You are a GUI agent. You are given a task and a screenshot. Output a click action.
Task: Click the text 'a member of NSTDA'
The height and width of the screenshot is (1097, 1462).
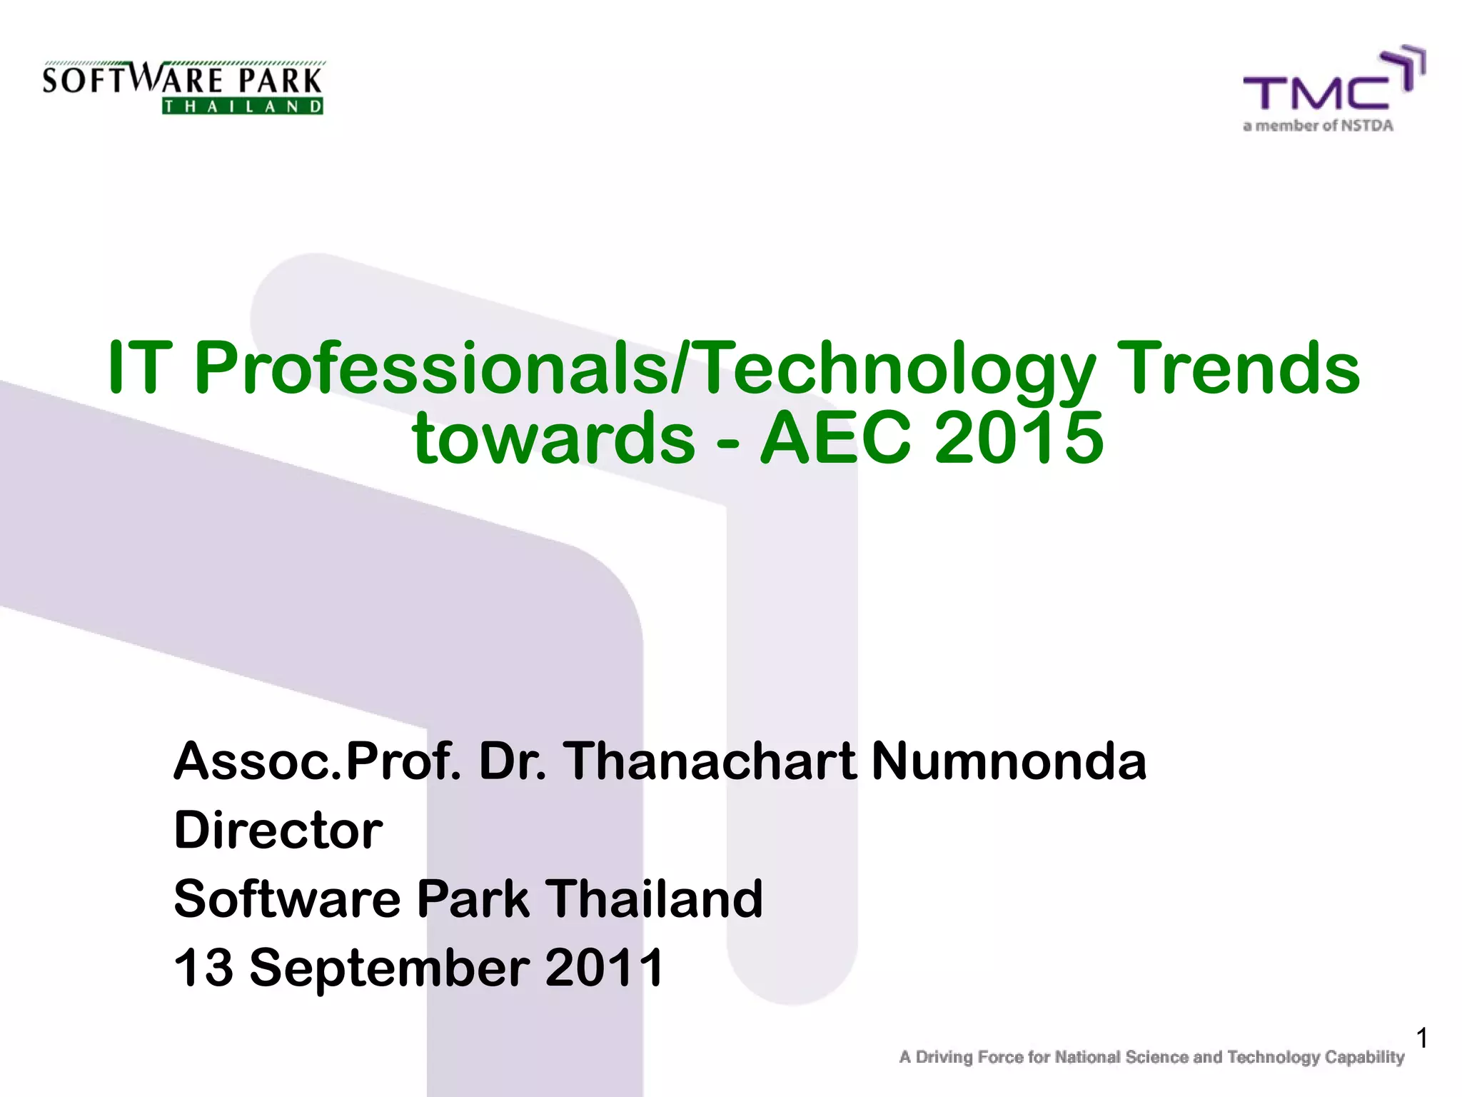[x=1318, y=126]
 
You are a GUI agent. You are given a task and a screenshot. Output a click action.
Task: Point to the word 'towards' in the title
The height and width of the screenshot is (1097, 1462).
[x=553, y=437]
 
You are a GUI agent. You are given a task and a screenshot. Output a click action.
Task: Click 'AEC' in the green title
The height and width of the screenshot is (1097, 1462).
[x=835, y=437]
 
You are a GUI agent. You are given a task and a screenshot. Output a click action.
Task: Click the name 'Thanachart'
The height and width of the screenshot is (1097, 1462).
[x=710, y=761]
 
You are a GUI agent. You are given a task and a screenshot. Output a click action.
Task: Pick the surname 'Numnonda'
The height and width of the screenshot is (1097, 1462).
[x=1009, y=761]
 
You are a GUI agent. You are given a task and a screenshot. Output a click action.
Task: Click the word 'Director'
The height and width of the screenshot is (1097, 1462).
[x=278, y=830]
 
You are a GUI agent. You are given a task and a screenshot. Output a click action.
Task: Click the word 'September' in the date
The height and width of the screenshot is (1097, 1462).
[x=390, y=968]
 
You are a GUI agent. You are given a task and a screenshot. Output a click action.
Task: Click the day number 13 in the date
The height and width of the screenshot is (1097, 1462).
[x=203, y=967]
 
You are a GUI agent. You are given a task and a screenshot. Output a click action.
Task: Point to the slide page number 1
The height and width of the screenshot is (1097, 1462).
[x=1421, y=1038]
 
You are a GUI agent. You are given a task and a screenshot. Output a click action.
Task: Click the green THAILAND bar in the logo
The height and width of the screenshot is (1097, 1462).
[x=243, y=106]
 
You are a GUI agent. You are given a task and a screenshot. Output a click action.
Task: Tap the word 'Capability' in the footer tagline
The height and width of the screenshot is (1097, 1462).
[x=1364, y=1057]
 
